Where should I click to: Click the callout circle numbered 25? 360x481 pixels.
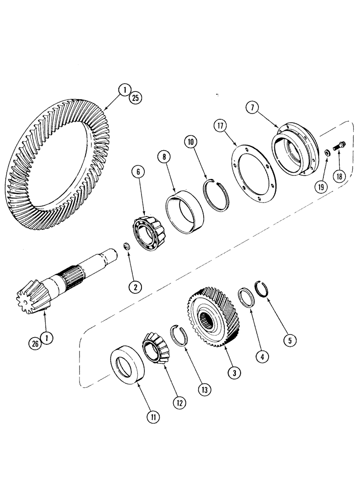(x=135, y=98)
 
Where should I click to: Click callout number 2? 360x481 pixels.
(x=135, y=287)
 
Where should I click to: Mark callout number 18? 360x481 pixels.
(x=339, y=177)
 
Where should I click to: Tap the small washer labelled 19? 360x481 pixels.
(x=326, y=152)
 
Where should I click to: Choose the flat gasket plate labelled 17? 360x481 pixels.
(x=254, y=178)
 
